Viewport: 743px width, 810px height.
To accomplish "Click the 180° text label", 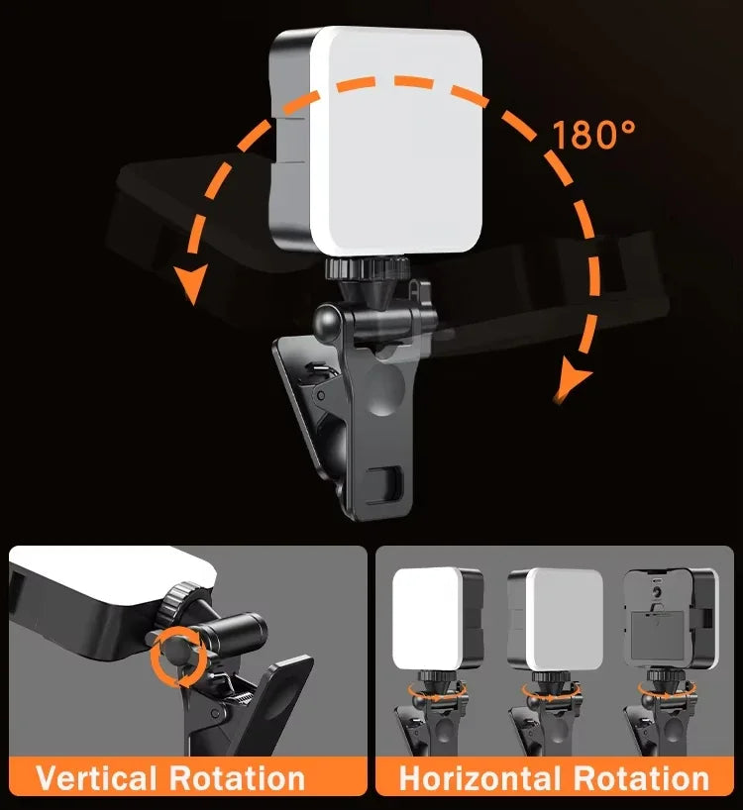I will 594,134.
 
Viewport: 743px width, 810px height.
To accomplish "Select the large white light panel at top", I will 396,139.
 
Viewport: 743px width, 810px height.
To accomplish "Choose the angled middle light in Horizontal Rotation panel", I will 558,619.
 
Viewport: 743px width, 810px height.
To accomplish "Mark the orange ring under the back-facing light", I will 663,690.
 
